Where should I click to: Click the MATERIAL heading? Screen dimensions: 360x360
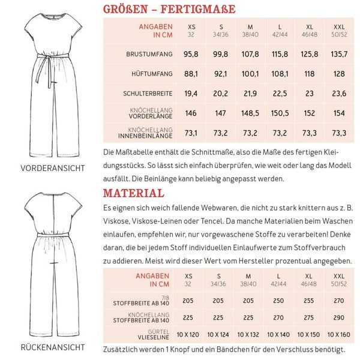(x=133, y=193)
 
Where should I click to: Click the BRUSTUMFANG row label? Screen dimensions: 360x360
(x=149, y=54)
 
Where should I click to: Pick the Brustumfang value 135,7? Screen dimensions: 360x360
(x=338, y=54)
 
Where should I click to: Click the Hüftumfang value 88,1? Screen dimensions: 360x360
(x=191, y=74)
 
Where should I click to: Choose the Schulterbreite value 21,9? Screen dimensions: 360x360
(x=250, y=94)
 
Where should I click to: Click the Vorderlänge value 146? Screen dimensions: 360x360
(x=191, y=113)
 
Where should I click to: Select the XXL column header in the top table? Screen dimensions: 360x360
(x=338, y=30)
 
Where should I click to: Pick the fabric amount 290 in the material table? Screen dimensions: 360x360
(x=338, y=318)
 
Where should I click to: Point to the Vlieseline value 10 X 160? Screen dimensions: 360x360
(x=338, y=334)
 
